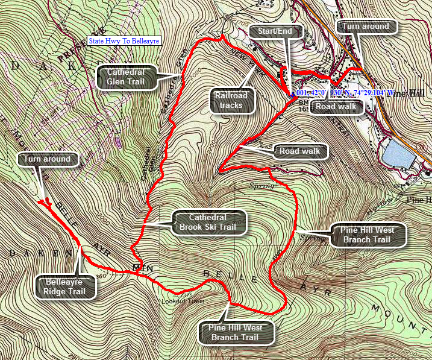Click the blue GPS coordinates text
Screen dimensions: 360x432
(x=344, y=93)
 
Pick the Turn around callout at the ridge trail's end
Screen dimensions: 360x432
(x=48, y=159)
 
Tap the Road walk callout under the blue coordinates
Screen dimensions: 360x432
(x=334, y=107)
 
